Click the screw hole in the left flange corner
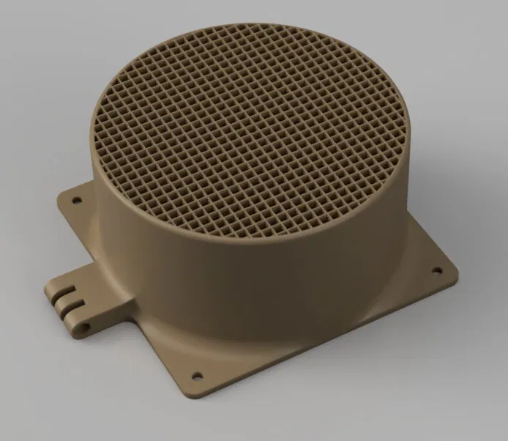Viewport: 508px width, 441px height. pyautogui.click(x=74, y=196)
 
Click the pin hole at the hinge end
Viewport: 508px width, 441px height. pyautogui.click(x=87, y=322)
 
